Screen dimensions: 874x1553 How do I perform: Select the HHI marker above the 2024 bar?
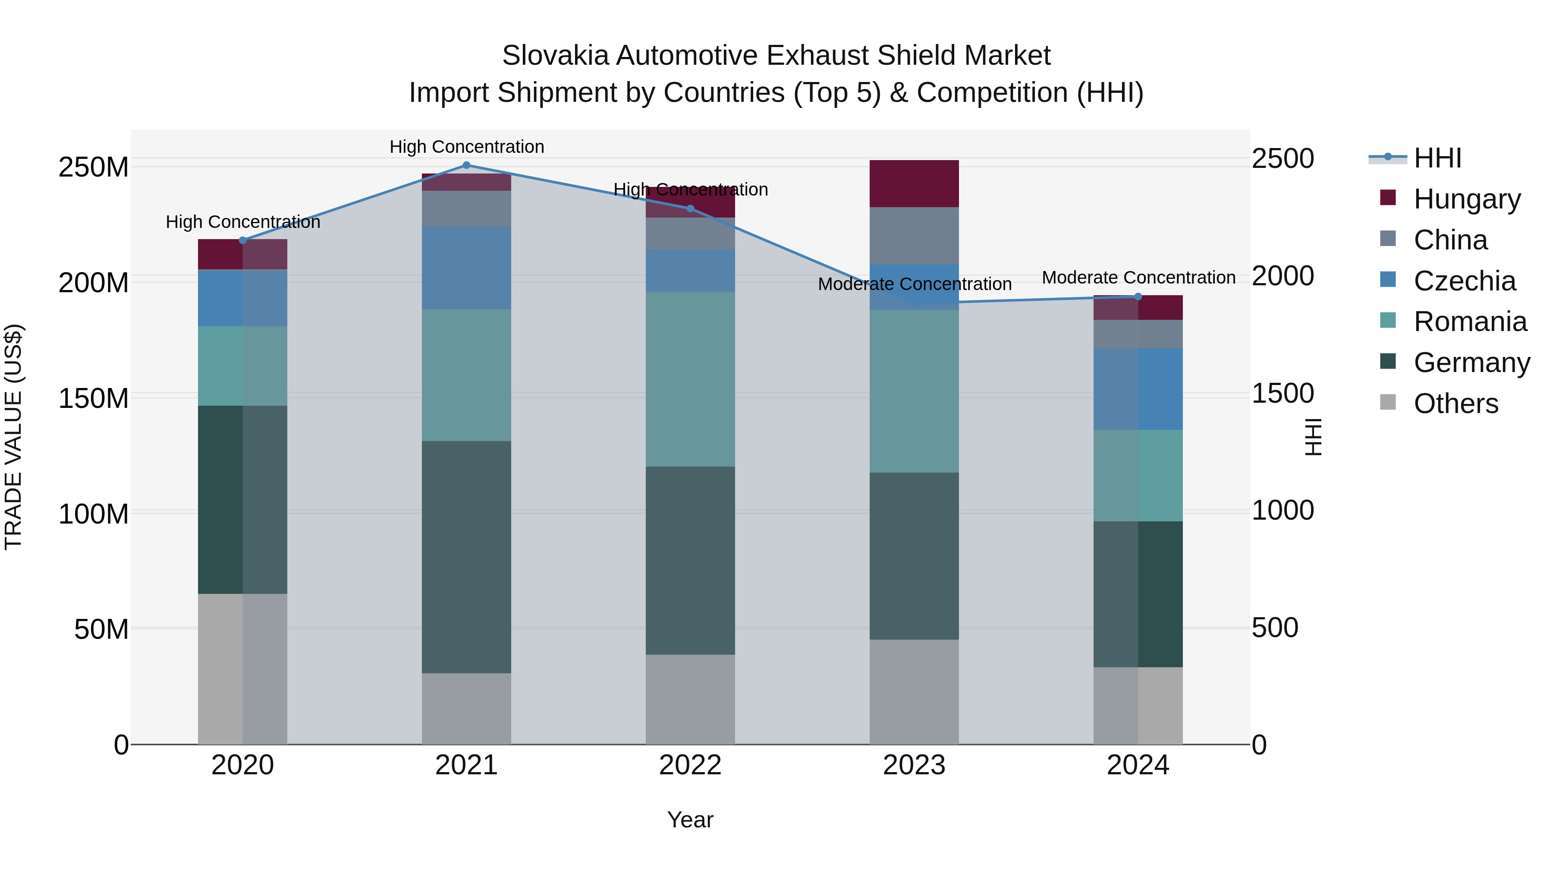click(x=1138, y=297)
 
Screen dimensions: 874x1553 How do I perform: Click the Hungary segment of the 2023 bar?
click(x=914, y=184)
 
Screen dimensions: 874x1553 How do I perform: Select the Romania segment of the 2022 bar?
click(x=690, y=379)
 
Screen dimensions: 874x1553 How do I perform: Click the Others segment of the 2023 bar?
click(x=914, y=692)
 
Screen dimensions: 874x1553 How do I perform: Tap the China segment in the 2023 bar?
click(x=914, y=236)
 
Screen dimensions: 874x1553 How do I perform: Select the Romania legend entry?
click(x=1470, y=322)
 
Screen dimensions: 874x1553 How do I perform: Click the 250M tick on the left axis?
click(x=94, y=167)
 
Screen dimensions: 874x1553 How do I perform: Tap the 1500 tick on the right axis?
click(x=1283, y=393)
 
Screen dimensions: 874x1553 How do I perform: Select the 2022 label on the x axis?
click(x=690, y=765)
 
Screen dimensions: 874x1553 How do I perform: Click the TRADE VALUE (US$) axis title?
click(x=14, y=437)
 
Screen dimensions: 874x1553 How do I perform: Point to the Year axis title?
click(x=690, y=820)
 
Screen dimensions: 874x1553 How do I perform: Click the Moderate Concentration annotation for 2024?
click(x=1138, y=278)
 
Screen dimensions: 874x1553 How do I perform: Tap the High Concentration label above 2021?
click(x=467, y=147)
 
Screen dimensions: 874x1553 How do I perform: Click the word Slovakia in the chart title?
click(x=555, y=56)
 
